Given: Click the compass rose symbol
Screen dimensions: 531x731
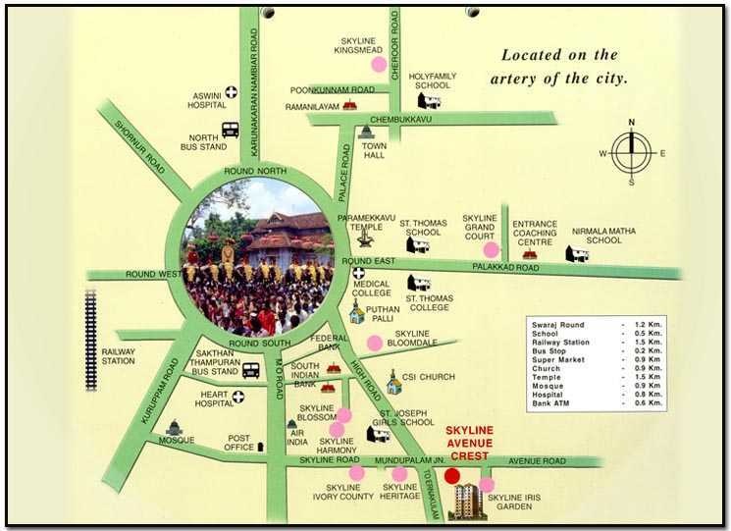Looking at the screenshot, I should [x=631, y=153].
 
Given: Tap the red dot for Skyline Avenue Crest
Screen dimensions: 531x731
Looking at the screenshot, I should [x=451, y=476].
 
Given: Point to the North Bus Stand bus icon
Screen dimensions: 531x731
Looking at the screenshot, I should [x=231, y=129].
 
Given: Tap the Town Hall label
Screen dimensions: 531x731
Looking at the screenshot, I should [x=375, y=150].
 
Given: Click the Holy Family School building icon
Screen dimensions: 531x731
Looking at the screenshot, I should [x=429, y=100].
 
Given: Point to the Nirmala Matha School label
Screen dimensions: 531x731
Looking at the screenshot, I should [x=603, y=236].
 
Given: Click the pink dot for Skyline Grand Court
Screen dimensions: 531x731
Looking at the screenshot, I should [x=491, y=249].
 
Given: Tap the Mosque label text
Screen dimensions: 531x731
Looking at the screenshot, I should [x=178, y=441].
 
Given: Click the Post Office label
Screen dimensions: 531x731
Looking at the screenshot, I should [x=240, y=443].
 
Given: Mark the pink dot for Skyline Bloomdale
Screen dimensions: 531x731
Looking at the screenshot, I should [x=374, y=343].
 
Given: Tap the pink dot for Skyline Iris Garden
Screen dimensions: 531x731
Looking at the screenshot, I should [x=487, y=484].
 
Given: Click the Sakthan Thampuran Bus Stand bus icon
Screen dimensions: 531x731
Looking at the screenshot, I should [x=250, y=370].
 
